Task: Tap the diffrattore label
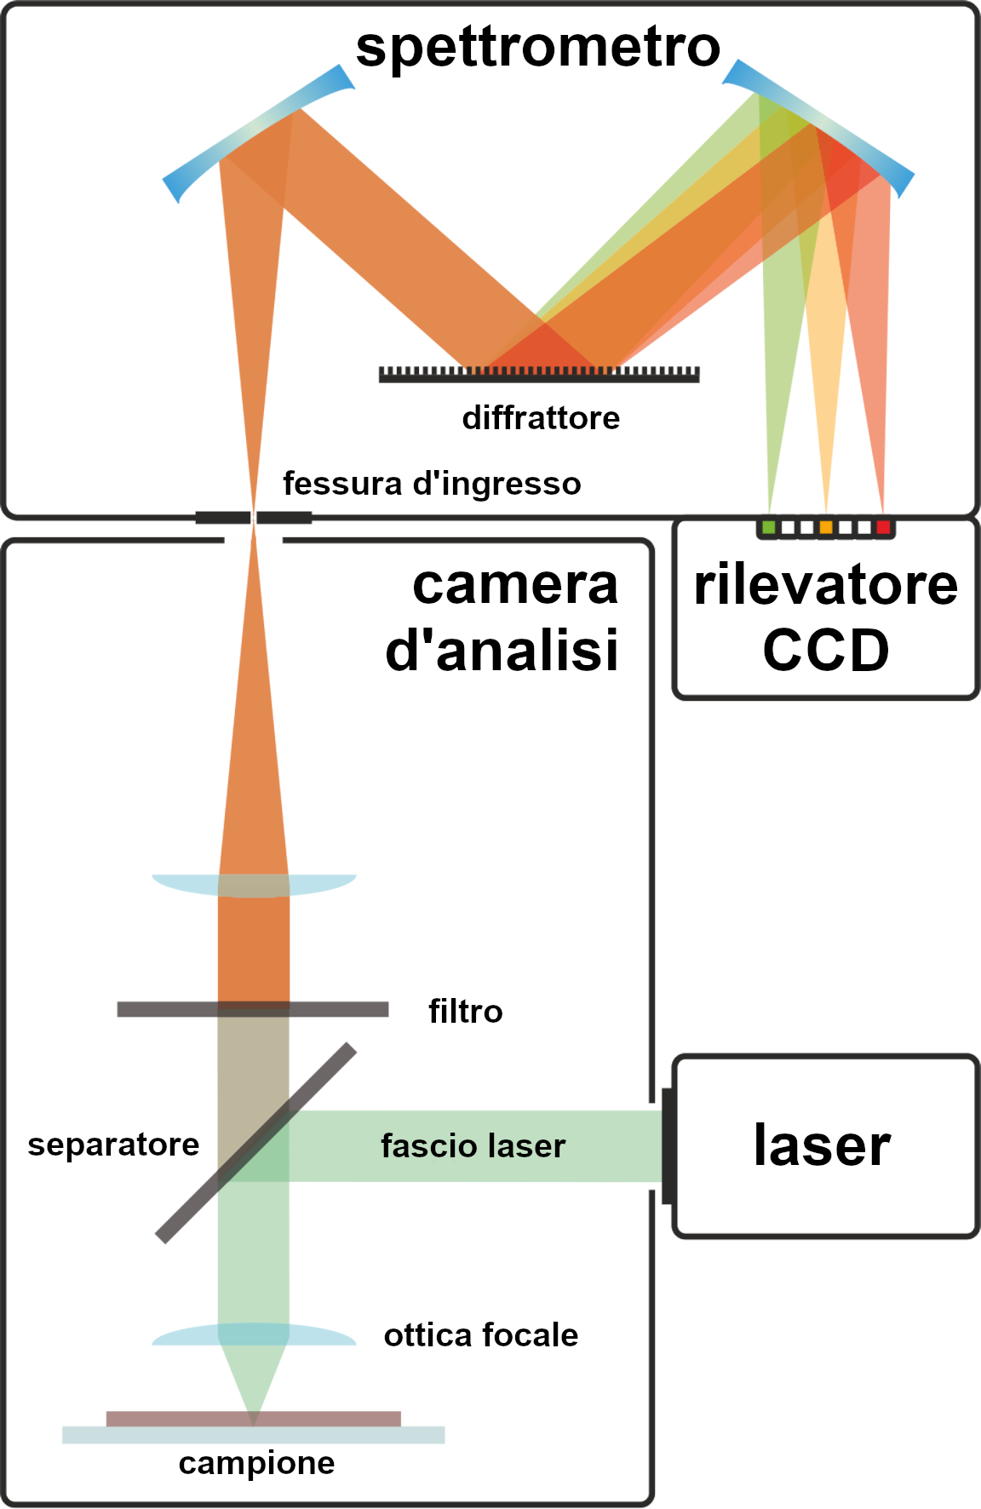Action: [x=541, y=418]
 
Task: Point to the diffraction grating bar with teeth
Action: [x=539, y=375]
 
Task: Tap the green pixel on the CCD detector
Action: [x=769, y=528]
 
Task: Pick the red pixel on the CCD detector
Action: [x=883, y=528]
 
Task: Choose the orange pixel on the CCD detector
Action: [x=826, y=528]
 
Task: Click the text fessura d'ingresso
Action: [x=432, y=484]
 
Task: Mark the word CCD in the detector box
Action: [x=826, y=651]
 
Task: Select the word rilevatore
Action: [x=826, y=586]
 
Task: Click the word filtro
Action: [x=466, y=1012]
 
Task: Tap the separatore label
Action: [x=113, y=1145]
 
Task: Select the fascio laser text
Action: [x=473, y=1146]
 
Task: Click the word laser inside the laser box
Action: [x=822, y=1145]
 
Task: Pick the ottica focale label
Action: [x=481, y=1335]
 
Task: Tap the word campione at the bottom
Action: [x=256, y=1463]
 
